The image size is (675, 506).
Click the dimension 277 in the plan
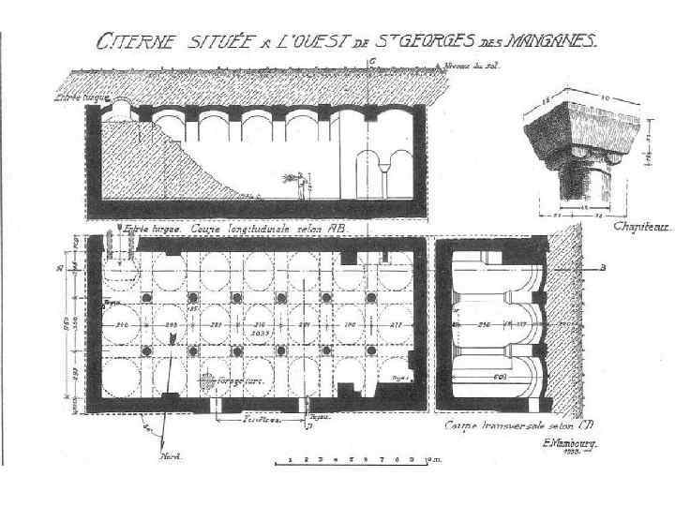(x=397, y=325)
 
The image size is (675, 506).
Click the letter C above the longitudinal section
(x=373, y=62)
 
